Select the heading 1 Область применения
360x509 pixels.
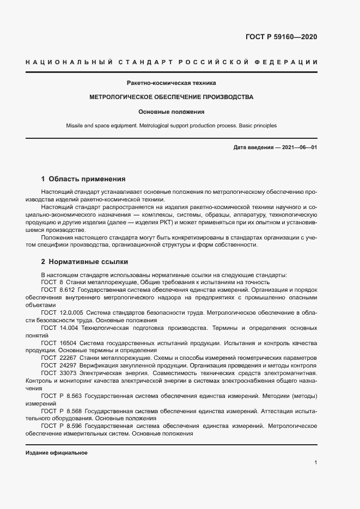pos(83,179)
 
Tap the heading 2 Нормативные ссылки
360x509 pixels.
pos(84,261)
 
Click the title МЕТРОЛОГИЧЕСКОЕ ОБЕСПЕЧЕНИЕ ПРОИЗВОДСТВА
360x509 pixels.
pos(172,97)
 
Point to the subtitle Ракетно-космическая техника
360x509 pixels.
pos(172,83)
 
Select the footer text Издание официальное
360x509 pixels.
pos(57,453)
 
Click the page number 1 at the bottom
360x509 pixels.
pos(315,463)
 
